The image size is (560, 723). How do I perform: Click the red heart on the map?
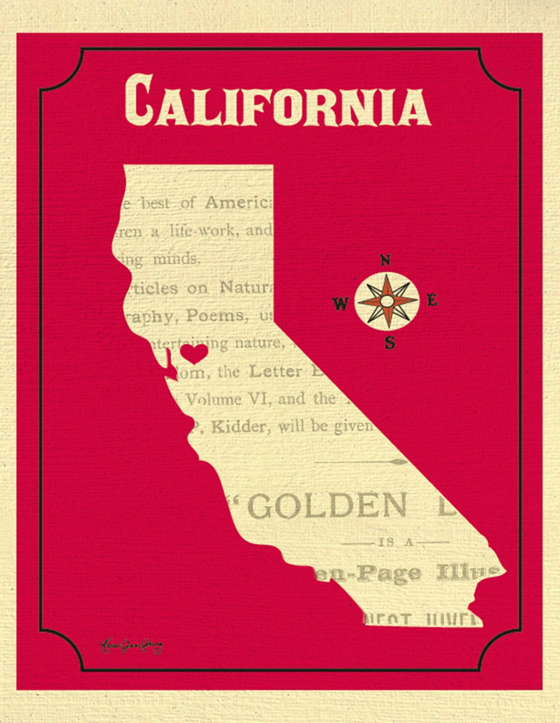pyautogui.click(x=194, y=352)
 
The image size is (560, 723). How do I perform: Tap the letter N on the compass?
pyautogui.click(x=386, y=261)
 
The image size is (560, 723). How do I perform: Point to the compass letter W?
pyautogui.click(x=340, y=304)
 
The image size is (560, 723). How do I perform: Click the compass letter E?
pyautogui.click(x=432, y=300)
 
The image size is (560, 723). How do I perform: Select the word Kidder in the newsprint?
pyautogui.click(x=239, y=428)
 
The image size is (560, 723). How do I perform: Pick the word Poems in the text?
pyautogui.click(x=215, y=316)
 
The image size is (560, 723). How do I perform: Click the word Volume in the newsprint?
pyautogui.click(x=214, y=400)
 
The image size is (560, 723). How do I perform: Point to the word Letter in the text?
pyautogui.click(x=276, y=372)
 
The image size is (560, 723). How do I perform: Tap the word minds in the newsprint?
pyautogui.click(x=176, y=259)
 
